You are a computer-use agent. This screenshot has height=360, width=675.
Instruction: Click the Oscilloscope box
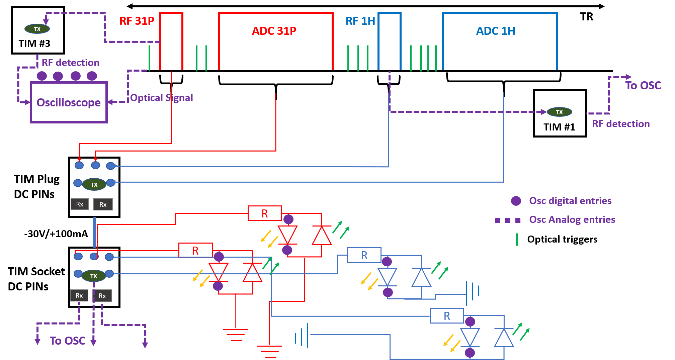[x=69, y=102]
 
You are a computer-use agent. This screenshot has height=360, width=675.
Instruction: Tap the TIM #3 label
[x=34, y=43]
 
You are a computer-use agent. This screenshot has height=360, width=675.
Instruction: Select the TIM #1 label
[x=559, y=127]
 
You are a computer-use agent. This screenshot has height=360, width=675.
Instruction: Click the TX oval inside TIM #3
[x=37, y=29]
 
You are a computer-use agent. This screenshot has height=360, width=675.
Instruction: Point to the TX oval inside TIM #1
[x=559, y=112]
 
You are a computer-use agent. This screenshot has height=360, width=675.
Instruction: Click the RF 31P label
[x=137, y=21]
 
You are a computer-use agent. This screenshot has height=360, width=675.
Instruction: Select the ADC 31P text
[x=274, y=31]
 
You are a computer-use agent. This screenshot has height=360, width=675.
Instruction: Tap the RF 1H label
[x=360, y=21]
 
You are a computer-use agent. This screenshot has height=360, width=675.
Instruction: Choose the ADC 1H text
[x=495, y=31]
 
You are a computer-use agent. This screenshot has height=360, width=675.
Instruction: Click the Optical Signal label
[x=162, y=98]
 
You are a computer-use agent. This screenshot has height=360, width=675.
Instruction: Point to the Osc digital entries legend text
[x=570, y=201]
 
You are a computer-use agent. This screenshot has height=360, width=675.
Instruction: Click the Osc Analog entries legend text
[x=572, y=219]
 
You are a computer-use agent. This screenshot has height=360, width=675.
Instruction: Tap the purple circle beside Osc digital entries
[x=516, y=201]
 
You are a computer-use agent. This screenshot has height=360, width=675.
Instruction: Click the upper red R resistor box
[x=265, y=213]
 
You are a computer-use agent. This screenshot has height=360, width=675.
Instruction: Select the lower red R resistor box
[x=195, y=251]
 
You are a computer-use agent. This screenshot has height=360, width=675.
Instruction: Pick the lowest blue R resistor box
[x=447, y=316]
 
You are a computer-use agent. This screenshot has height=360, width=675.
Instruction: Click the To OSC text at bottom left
[x=68, y=341]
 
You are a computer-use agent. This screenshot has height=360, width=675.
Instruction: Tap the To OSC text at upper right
[x=643, y=86]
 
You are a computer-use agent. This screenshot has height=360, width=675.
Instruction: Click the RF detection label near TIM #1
[x=621, y=124]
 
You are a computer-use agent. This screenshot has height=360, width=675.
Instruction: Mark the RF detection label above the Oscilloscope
[x=70, y=63]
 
